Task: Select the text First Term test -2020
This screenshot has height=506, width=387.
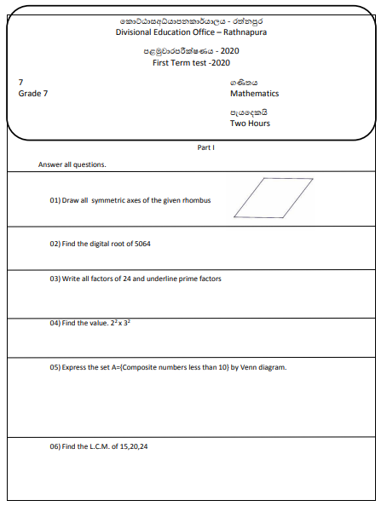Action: (191, 63)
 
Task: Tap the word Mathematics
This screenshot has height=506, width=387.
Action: (254, 94)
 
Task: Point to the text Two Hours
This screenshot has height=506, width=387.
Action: (249, 123)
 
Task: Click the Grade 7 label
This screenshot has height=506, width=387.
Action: (33, 94)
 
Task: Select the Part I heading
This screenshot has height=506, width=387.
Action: (205, 147)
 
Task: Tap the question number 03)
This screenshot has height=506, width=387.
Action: (55, 279)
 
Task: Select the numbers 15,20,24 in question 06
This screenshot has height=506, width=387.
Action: (144, 446)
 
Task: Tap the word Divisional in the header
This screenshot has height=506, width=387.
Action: (136, 32)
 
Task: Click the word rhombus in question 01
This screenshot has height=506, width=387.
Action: (195, 200)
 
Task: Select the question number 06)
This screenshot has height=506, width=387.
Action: (55, 446)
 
